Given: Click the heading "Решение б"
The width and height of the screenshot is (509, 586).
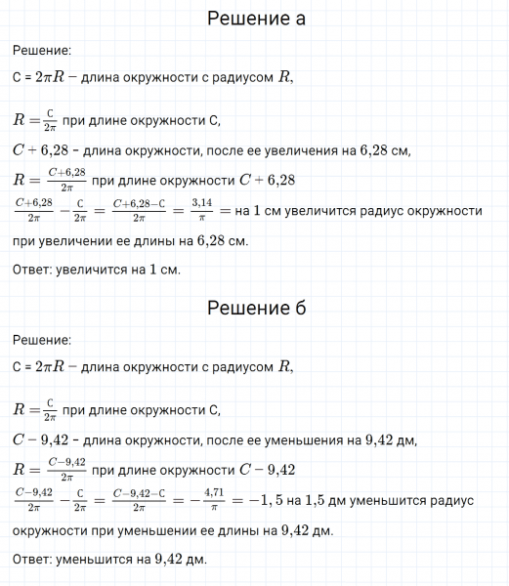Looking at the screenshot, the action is [257, 309].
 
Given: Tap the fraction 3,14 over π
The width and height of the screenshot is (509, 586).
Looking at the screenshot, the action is [202, 210].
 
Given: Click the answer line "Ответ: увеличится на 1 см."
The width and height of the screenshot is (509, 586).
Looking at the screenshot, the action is [98, 270].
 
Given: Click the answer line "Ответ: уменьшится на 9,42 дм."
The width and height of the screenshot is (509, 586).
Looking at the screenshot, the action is [110, 560].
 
